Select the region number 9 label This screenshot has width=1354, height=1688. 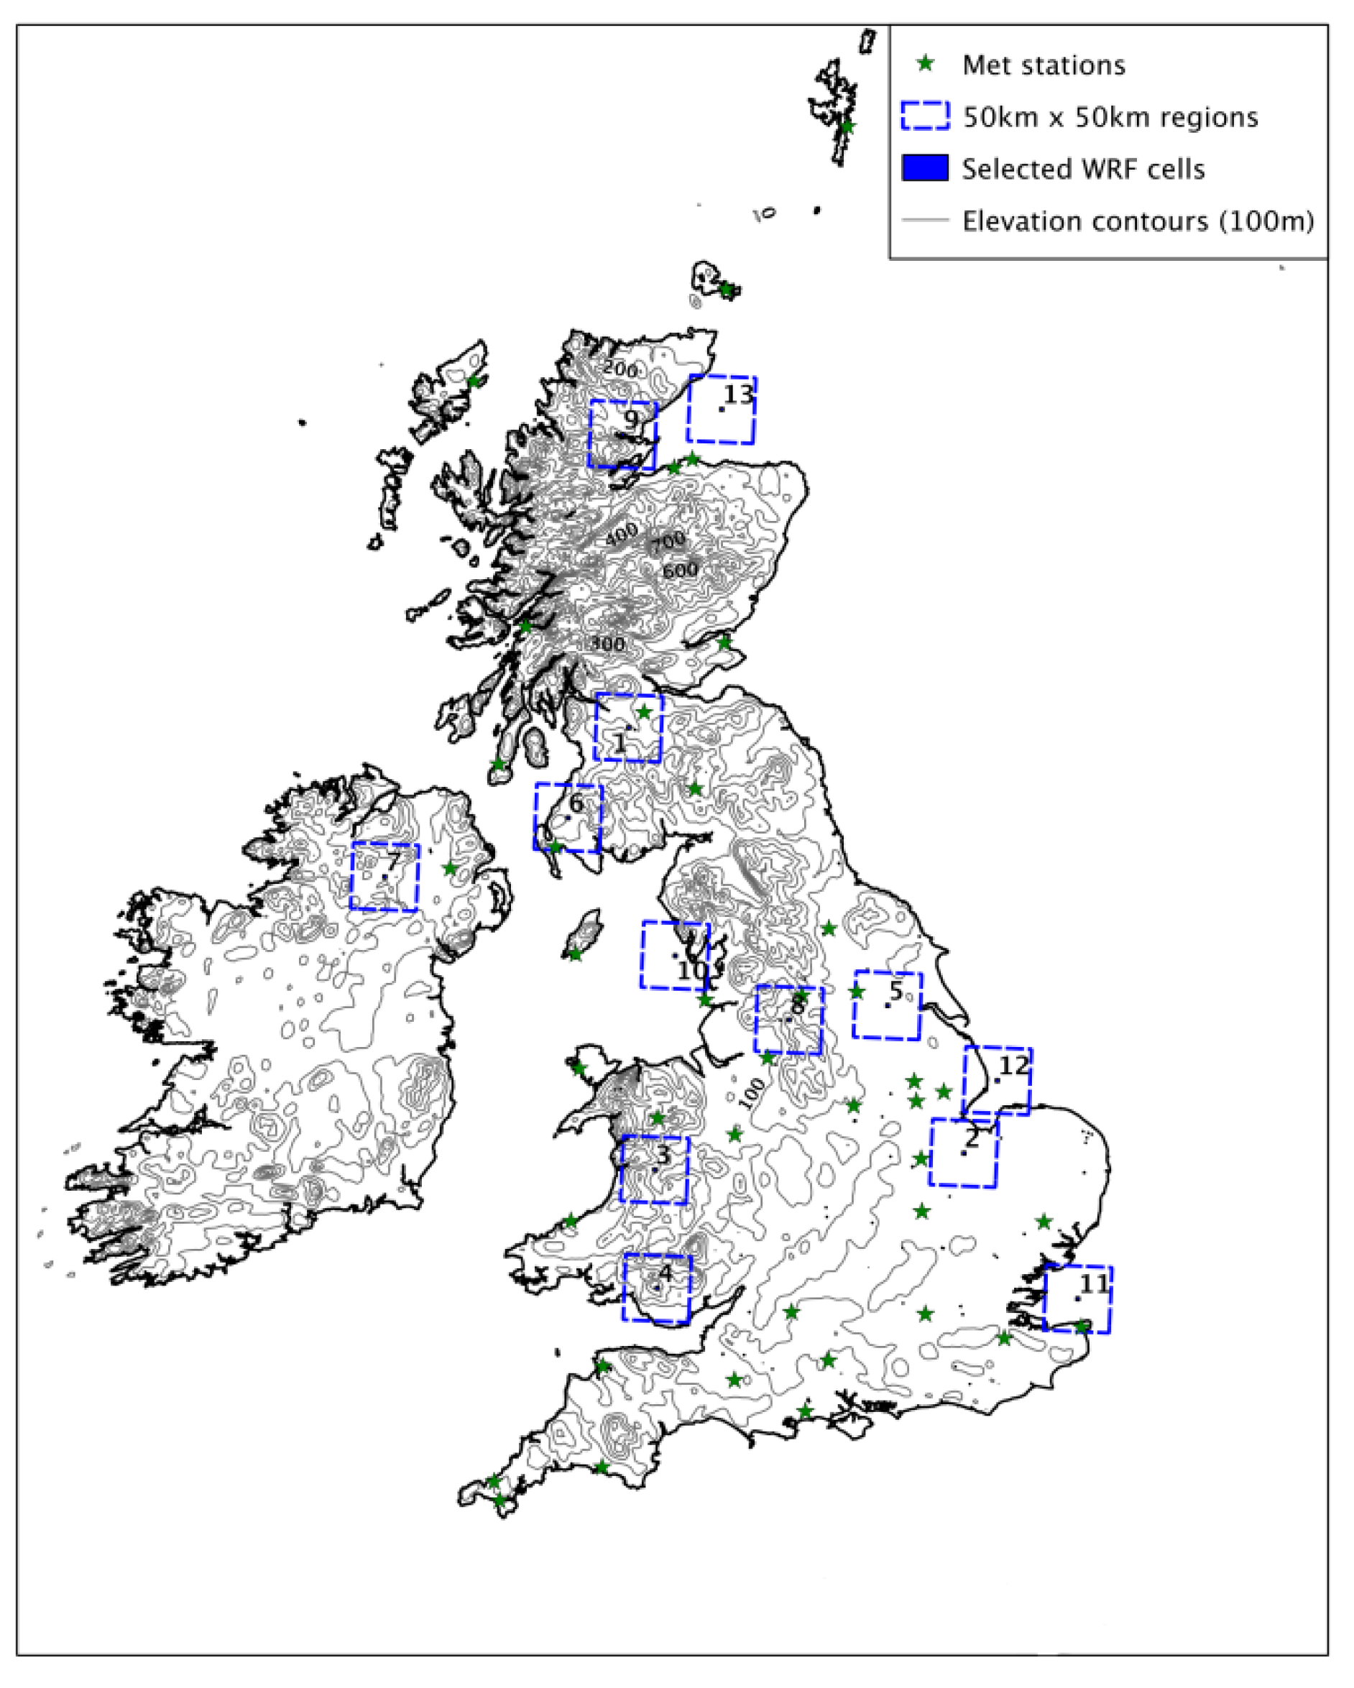point(631,418)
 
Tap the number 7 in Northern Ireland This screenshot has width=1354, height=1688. point(392,863)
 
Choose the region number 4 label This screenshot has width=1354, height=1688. point(665,1272)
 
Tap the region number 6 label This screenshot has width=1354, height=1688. point(576,803)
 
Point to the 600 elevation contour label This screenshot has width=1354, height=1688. point(680,571)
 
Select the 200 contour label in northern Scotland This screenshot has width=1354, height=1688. point(620,368)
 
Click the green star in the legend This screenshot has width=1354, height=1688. point(926,63)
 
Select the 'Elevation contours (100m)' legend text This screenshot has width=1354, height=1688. point(1138,221)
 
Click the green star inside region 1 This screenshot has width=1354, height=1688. point(644,711)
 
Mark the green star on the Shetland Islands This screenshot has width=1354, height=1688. point(847,126)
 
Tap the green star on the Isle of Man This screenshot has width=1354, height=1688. point(575,954)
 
